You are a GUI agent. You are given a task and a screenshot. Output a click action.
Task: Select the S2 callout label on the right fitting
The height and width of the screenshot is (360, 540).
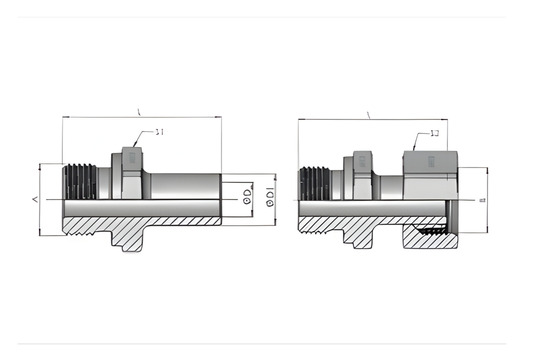point(434,132)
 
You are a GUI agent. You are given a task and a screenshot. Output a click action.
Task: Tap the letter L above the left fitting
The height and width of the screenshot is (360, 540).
point(138,112)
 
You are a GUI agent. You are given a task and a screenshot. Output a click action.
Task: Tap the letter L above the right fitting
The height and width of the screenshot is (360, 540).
point(369,115)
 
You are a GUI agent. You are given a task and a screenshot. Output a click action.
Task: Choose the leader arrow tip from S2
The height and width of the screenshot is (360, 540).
point(415,149)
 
